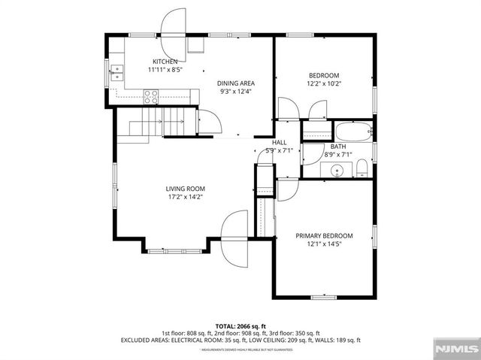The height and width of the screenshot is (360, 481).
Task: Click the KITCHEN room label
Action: click(x=165, y=62)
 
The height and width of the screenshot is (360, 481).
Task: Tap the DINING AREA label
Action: click(x=235, y=83)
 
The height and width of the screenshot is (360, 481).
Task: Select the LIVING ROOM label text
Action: click(x=186, y=189)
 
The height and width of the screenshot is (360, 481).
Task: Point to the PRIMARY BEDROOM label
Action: click(x=324, y=235)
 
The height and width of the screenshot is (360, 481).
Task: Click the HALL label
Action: click(x=279, y=142)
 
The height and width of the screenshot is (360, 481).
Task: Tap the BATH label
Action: click(x=338, y=147)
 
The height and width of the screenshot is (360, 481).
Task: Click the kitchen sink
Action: click(x=117, y=72)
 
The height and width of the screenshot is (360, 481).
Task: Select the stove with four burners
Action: click(x=151, y=95)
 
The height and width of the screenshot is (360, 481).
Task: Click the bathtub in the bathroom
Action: click(x=352, y=132)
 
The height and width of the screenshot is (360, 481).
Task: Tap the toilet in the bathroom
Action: click(x=362, y=166)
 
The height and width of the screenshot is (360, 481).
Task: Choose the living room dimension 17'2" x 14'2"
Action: click(x=186, y=197)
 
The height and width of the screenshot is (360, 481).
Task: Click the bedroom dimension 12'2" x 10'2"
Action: click(x=324, y=84)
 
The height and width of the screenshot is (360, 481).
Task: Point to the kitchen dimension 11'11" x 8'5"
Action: click(x=165, y=69)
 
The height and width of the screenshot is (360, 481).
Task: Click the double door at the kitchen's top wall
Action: click(x=174, y=22)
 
